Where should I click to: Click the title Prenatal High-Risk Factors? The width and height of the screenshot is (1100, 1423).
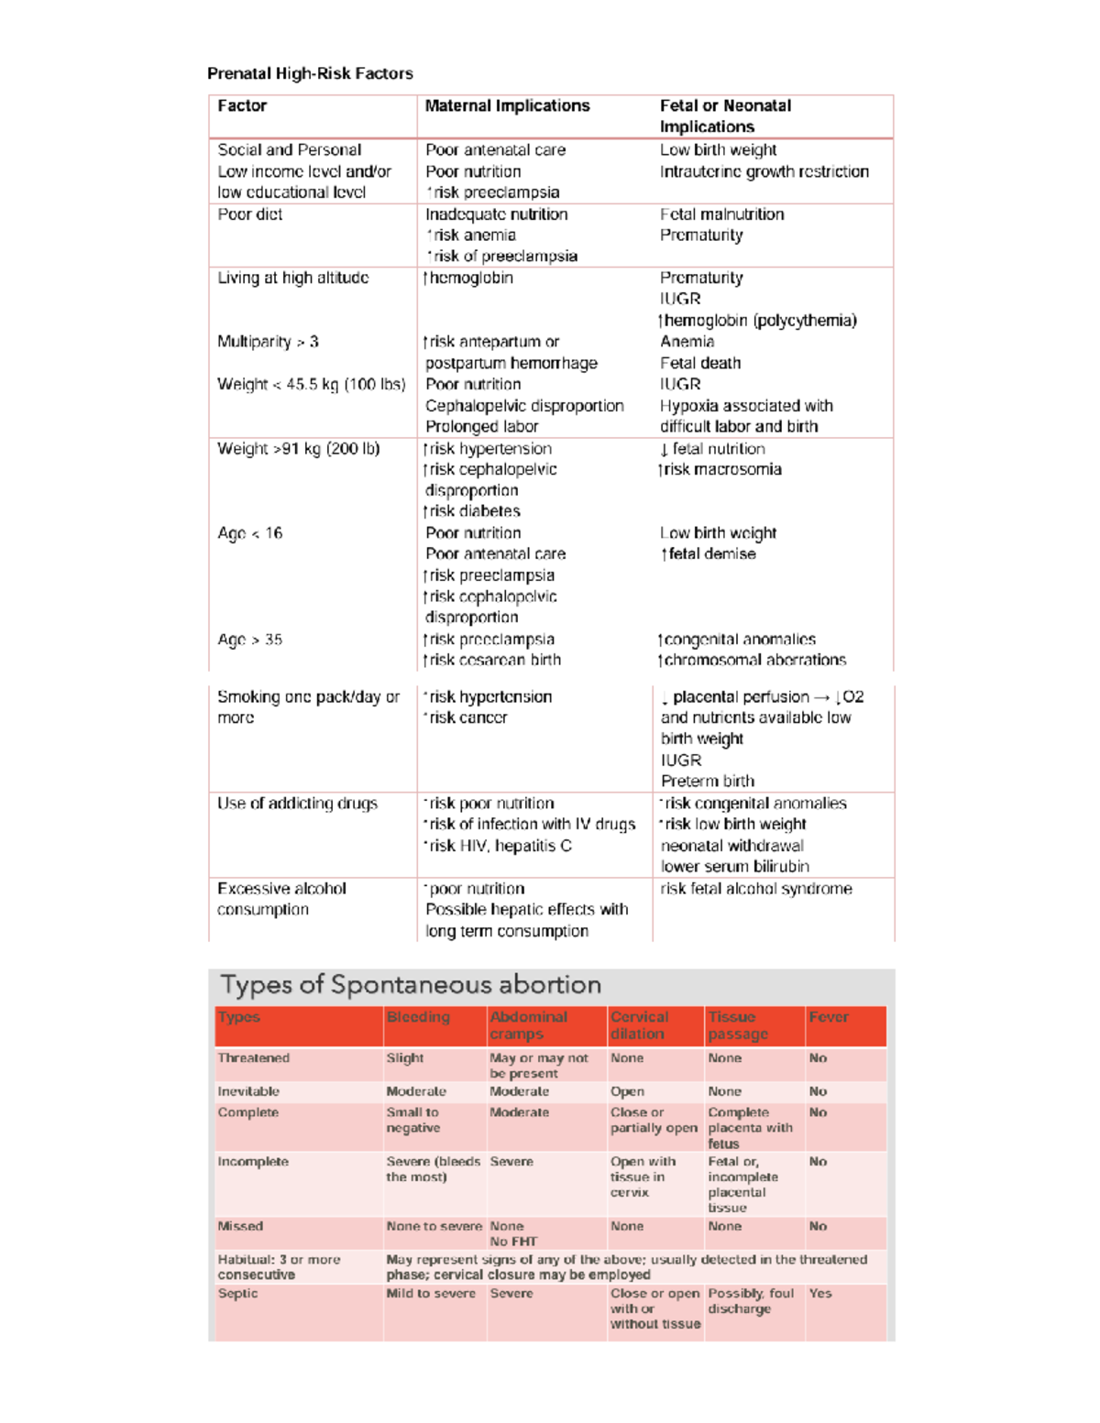pyautogui.click(x=310, y=73)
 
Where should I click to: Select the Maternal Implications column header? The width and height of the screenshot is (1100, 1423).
pyautogui.click(x=507, y=106)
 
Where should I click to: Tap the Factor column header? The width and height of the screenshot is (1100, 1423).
pyautogui.click(x=242, y=106)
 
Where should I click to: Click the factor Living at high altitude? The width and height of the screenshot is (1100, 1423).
pyautogui.click(x=292, y=278)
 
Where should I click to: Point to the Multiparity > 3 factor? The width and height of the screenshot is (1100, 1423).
pyautogui.click(x=268, y=342)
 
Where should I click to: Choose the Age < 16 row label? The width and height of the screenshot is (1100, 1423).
pyautogui.click(x=249, y=533)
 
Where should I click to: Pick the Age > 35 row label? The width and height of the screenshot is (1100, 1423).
pyautogui.click(x=249, y=640)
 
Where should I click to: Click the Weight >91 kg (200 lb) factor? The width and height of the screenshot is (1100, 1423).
pyautogui.click(x=298, y=449)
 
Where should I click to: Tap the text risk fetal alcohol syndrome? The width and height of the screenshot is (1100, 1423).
pyautogui.click(x=756, y=889)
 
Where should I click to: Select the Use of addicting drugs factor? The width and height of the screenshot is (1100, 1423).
pyautogui.click(x=297, y=804)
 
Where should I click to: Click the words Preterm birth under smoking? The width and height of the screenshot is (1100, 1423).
pyautogui.click(x=708, y=782)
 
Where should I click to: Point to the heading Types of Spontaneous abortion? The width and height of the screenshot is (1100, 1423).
pyautogui.click(x=411, y=985)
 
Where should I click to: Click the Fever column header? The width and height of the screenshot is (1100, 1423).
pyautogui.click(x=829, y=1017)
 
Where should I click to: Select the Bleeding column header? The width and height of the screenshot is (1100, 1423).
pyautogui.click(x=418, y=1017)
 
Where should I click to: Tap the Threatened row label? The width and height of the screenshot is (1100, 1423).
pyautogui.click(x=253, y=1057)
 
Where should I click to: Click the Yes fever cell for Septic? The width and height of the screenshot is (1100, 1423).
pyautogui.click(x=820, y=1293)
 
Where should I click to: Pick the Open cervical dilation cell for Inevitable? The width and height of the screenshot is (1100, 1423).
pyautogui.click(x=627, y=1091)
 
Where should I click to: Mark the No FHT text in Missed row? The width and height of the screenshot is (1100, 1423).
pyautogui.click(x=513, y=1242)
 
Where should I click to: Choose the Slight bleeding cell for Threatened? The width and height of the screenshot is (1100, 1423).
pyautogui.click(x=404, y=1057)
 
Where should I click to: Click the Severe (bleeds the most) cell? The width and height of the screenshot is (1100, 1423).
pyautogui.click(x=433, y=1168)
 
